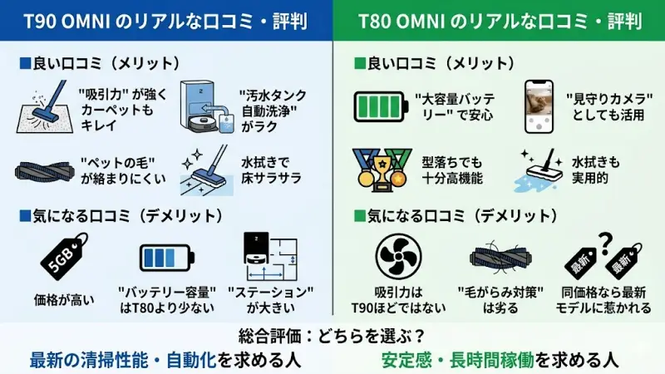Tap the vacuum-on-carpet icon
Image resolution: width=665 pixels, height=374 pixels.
(x=47, y=108)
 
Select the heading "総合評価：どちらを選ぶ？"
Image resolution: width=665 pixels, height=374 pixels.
(x=332, y=337)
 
